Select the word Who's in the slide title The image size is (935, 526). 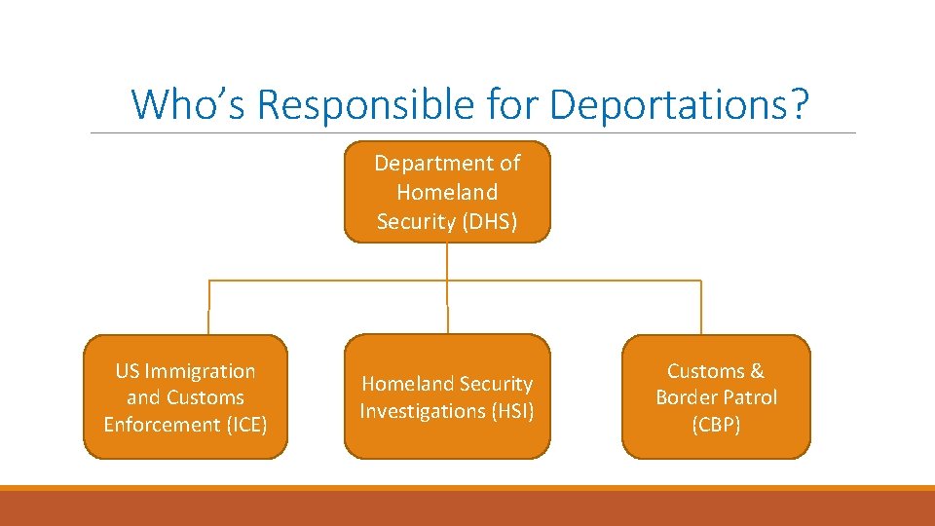(190, 103)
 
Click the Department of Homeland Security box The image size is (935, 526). (447, 192)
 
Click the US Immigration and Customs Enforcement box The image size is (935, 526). (185, 397)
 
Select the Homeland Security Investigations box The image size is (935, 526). (447, 397)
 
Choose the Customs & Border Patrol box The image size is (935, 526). (716, 397)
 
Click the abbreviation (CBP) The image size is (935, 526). (716, 425)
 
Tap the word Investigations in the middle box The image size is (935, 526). (423, 411)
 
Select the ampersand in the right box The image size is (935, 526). (757, 371)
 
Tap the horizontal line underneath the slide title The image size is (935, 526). (472, 133)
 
